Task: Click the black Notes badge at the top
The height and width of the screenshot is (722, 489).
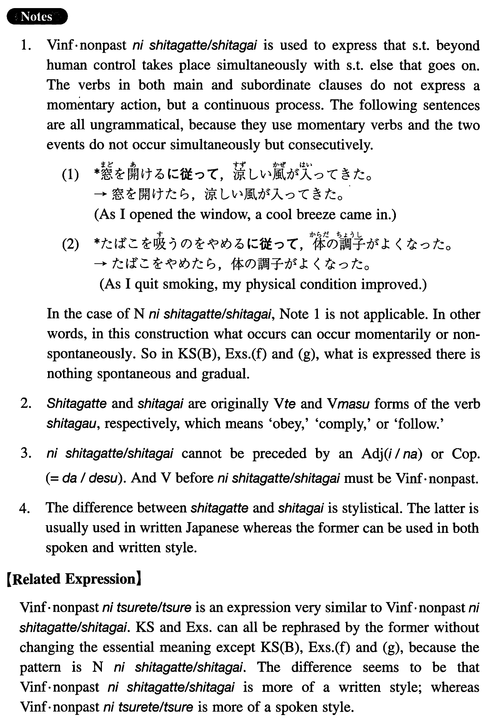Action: pos(37,17)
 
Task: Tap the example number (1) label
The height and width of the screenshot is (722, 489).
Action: pos(71,176)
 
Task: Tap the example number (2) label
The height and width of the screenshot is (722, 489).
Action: pos(71,245)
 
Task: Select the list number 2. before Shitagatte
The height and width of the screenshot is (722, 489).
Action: pos(26,404)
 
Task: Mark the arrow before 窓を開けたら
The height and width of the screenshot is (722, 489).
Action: pos(101,195)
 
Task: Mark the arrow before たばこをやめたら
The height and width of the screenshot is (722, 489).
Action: pos(101,265)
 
